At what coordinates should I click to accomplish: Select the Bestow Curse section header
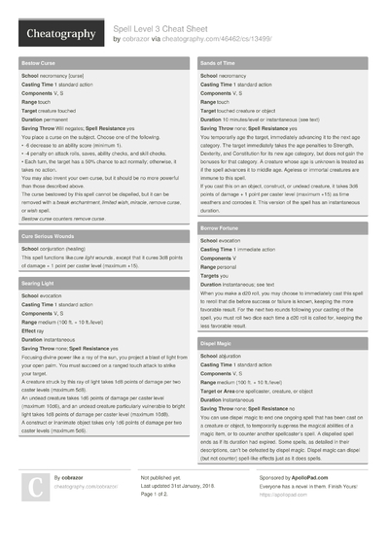tap(39, 63)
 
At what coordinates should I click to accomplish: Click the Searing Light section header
tap(38, 282)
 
